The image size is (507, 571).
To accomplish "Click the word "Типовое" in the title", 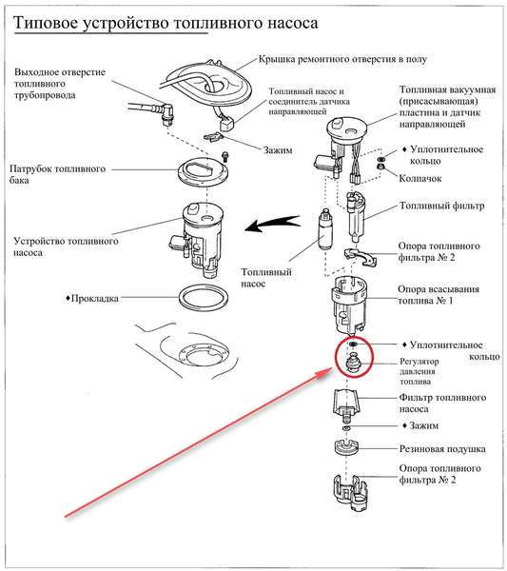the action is (x=46, y=23).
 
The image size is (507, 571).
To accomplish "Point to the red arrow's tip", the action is (x=331, y=369).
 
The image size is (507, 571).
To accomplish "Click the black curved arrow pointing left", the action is (x=273, y=223).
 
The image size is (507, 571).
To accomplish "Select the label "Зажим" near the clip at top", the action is (x=278, y=150).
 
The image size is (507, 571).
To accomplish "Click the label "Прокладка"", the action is (x=94, y=298).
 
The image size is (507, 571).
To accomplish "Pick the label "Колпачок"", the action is (x=420, y=179).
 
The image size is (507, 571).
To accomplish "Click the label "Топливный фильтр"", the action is (x=442, y=206).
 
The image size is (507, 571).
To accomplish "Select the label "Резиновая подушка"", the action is (x=442, y=449).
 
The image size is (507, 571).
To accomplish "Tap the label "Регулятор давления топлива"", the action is (x=419, y=371).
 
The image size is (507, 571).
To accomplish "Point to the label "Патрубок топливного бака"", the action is (x=57, y=174).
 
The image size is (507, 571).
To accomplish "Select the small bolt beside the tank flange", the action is (x=224, y=157).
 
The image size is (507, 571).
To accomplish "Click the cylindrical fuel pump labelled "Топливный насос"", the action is (x=323, y=230).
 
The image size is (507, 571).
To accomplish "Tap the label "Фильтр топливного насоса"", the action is (x=442, y=404).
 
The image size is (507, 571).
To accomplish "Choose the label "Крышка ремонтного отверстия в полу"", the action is (x=342, y=59).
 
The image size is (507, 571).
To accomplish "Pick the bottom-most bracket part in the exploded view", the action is (x=350, y=493).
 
